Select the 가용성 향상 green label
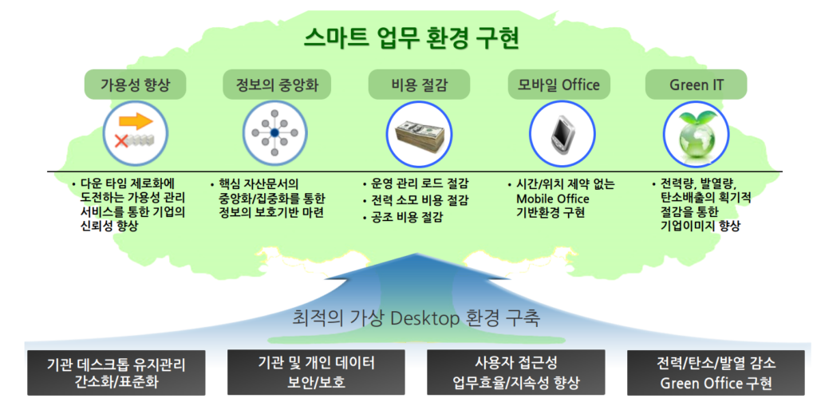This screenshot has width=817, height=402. (x=135, y=85)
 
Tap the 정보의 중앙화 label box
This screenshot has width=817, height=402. (x=277, y=85)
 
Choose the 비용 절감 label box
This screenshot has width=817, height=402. (x=419, y=85)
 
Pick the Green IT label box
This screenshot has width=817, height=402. (x=696, y=85)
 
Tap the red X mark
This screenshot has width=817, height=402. (x=121, y=140)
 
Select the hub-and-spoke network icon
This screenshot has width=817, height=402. (x=274, y=132)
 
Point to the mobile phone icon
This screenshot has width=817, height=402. (x=562, y=133)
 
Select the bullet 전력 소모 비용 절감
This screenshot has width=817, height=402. (x=415, y=200)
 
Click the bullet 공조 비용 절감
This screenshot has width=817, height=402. (x=402, y=217)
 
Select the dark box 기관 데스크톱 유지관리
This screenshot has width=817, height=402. (x=116, y=372)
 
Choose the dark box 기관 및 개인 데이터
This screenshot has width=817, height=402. (x=316, y=372)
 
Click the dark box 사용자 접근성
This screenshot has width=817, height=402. (x=516, y=372)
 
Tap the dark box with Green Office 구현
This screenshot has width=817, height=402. (x=716, y=372)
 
